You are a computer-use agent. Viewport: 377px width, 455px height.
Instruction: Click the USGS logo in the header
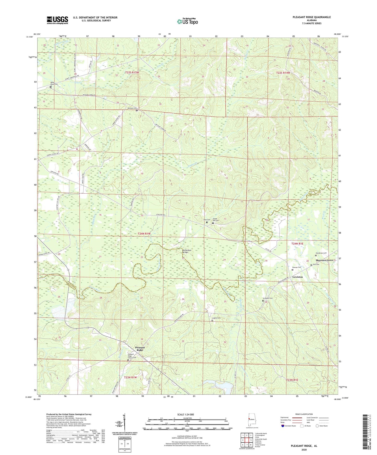click(57, 20)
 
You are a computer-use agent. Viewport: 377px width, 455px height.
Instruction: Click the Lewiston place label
click(297, 277)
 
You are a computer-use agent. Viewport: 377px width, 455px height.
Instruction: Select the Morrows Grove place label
click(324, 260)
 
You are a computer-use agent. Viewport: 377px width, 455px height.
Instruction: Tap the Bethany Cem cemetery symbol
click(137, 110)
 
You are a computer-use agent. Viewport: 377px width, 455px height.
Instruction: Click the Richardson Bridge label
click(187, 251)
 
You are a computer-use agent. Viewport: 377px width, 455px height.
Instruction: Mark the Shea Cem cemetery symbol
click(207, 222)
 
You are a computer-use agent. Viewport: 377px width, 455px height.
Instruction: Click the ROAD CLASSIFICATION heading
click(304, 414)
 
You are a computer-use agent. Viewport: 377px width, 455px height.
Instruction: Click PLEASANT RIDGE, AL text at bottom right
click(304, 446)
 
